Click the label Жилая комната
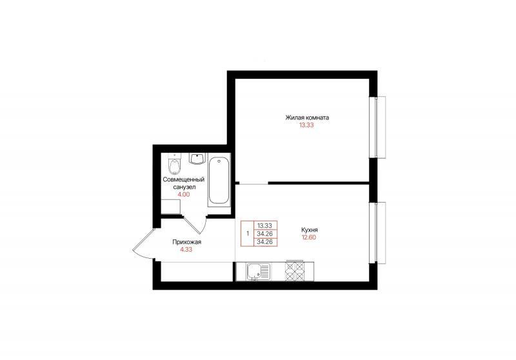coord(307,117)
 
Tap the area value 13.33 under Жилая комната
coord(306,125)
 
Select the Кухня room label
coord(310,230)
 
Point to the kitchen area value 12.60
coord(309,237)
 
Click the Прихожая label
coord(186,242)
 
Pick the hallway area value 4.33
coord(186,250)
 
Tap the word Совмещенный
coord(184,179)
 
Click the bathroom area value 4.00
coord(184,194)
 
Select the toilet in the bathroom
coord(174,165)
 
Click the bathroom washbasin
coord(197,159)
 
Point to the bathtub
coord(219,182)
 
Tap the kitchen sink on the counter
coord(258,272)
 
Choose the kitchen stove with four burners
coord(295,271)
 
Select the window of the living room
coord(377,127)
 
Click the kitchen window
coord(377,232)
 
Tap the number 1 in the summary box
coord(248,234)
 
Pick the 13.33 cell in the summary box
coord(265,225)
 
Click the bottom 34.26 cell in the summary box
coord(265,242)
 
